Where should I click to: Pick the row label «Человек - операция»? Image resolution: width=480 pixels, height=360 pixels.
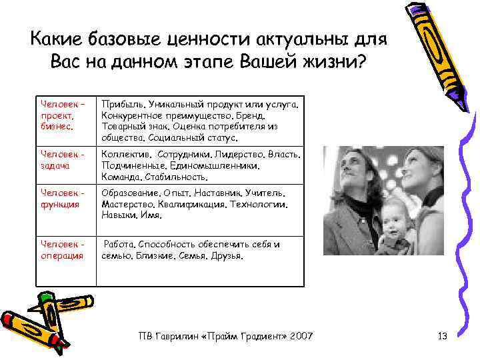point(61,250)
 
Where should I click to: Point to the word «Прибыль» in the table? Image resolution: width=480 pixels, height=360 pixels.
point(123,105)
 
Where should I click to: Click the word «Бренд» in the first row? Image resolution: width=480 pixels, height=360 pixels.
point(281,116)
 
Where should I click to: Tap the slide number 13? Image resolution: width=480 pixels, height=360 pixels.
point(443,335)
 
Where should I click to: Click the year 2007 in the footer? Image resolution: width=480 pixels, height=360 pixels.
point(300,335)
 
